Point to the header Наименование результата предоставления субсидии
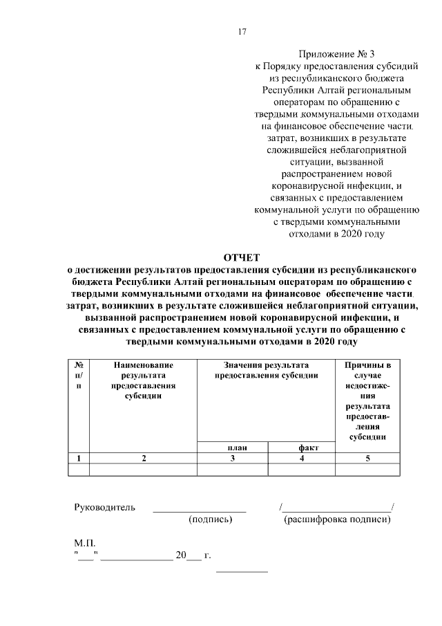tap(144, 380)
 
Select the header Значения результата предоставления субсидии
tap(266, 370)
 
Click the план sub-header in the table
tap(233, 448)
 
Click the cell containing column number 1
tap(79, 458)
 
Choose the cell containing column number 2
tap(144, 458)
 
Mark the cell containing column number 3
tap(233, 458)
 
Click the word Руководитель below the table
tap(105, 508)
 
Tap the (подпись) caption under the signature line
tap(209, 519)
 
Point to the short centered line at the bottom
tap(242, 571)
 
